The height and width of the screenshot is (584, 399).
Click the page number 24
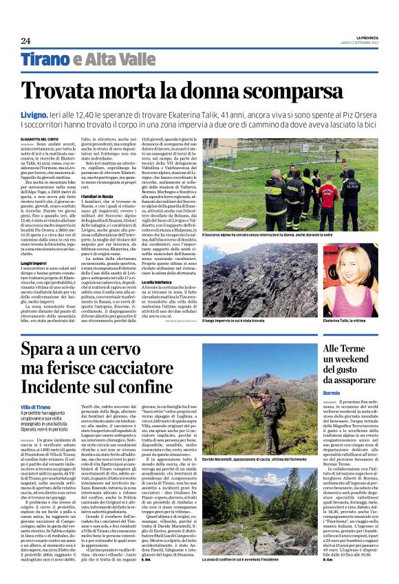(x=25, y=40)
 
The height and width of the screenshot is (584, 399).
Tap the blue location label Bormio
(x=332, y=392)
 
